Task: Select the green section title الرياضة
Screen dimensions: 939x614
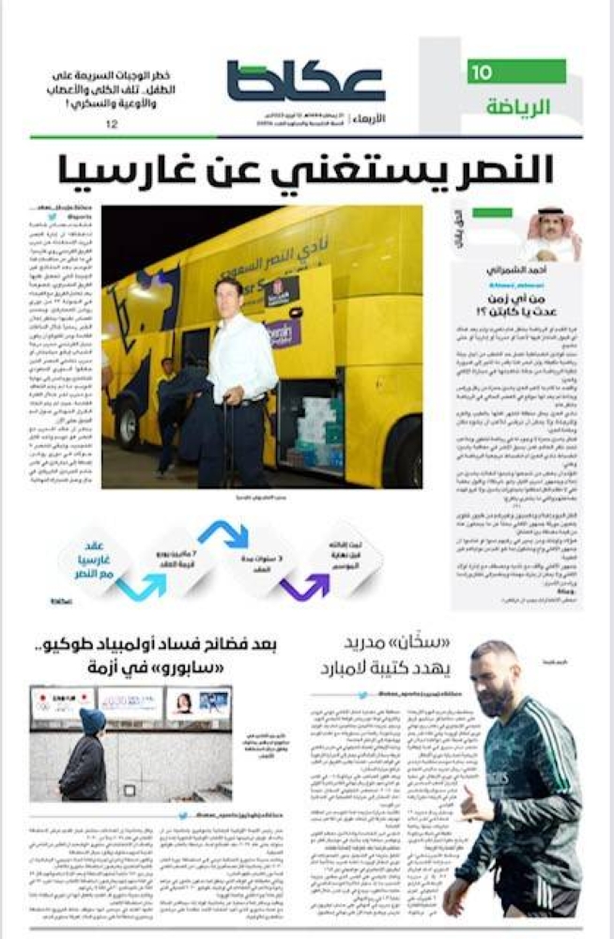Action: [517, 106]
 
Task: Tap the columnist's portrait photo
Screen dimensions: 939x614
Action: [553, 234]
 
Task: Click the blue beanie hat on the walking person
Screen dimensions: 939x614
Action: [92, 720]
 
